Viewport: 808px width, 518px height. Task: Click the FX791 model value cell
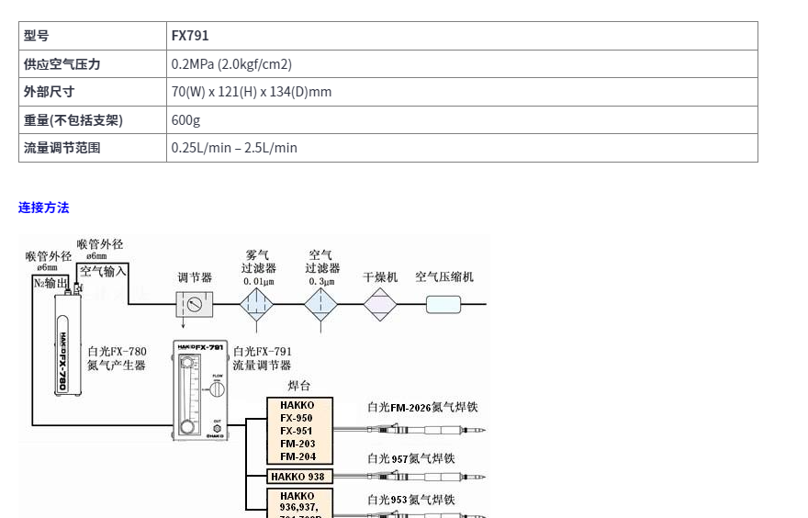click(x=190, y=36)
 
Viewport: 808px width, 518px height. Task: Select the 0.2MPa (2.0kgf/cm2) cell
click(x=231, y=64)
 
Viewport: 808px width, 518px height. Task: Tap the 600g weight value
click(x=185, y=120)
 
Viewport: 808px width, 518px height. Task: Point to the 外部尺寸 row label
click(x=50, y=92)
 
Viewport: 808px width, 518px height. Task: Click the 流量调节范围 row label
click(x=62, y=148)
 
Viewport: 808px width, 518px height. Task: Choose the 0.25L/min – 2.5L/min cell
click(x=234, y=148)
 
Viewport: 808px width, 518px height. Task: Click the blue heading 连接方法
click(x=43, y=208)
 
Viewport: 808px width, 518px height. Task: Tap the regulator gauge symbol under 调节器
click(x=194, y=304)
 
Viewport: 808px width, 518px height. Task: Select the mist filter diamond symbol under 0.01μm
click(x=257, y=303)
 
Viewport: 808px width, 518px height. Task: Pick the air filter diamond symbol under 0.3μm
click(x=321, y=303)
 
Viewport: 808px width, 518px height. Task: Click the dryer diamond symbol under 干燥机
click(x=379, y=304)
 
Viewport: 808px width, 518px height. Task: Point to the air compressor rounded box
click(x=443, y=304)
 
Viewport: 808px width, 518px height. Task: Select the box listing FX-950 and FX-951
click(x=299, y=431)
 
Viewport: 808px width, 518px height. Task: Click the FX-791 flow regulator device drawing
click(x=198, y=390)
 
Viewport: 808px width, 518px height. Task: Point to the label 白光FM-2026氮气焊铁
click(x=422, y=407)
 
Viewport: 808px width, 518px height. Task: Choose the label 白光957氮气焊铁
click(x=411, y=458)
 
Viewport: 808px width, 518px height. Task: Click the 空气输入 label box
click(x=103, y=271)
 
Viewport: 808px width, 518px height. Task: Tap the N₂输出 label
click(x=51, y=283)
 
